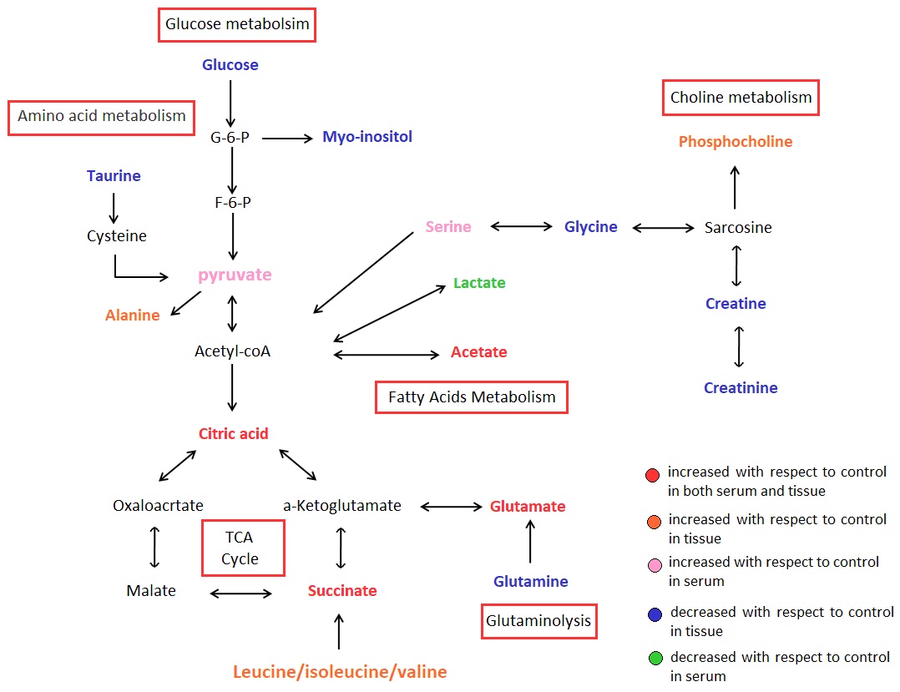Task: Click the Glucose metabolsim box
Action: coord(237,25)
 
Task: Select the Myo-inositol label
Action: coord(367,137)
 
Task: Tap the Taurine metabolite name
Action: coord(114,176)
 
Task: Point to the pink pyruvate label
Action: coord(235,275)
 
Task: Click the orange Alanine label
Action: coord(133,316)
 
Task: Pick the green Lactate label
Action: coord(479,283)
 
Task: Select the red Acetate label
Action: coord(479,352)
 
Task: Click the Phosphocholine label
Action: coord(736,142)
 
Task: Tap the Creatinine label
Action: coord(741,388)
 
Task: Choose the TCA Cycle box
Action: coord(243,548)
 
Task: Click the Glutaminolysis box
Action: coord(539,621)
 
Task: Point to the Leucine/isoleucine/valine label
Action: coord(340,672)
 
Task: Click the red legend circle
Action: coord(653,476)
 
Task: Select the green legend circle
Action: coord(655,659)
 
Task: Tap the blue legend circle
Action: coord(655,614)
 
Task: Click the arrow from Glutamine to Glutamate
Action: coord(529,542)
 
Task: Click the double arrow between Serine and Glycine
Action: coord(522,227)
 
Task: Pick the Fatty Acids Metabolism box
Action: coord(472,397)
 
